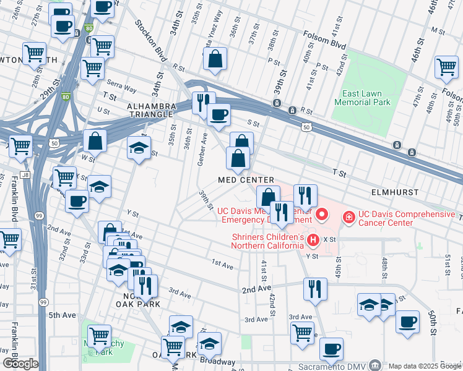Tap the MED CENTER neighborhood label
pyautogui.click(x=246, y=180)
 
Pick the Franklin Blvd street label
pyautogui.click(x=13, y=199)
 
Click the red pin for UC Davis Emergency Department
pyautogui.click(x=322, y=215)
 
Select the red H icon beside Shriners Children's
pyautogui.click(x=313, y=239)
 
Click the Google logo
pyautogui.click(x=20, y=363)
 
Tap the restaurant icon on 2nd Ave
pyautogui.click(x=315, y=289)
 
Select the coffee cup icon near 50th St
pyautogui.click(x=407, y=322)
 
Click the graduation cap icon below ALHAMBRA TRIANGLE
pyautogui.click(x=139, y=147)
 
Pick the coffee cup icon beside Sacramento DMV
pyautogui.click(x=331, y=348)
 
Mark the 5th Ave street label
pyautogui.click(x=63, y=315)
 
